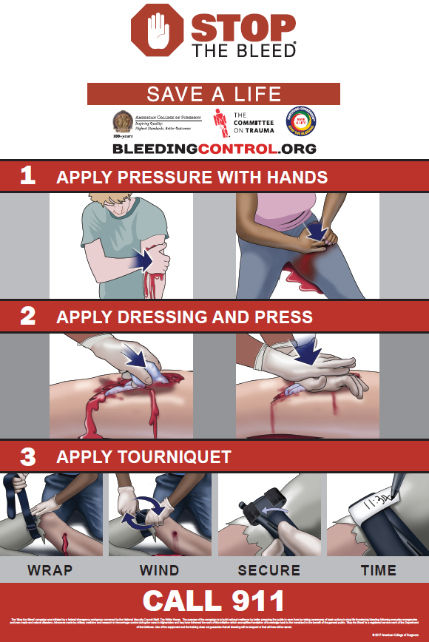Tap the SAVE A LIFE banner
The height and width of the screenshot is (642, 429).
coord(214,94)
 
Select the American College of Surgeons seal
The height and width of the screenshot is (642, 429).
coord(122,121)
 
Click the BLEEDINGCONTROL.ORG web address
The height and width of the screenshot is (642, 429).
coord(214,149)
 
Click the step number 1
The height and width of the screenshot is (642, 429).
coord(27,177)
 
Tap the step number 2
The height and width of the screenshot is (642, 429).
coord(27,317)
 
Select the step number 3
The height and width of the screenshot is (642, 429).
coord(27,456)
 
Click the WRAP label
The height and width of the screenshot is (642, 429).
coord(50,570)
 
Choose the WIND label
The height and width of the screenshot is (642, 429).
coord(159,570)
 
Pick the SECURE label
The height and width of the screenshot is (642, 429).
coord(269,570)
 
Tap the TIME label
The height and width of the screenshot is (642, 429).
coord(378,570)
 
